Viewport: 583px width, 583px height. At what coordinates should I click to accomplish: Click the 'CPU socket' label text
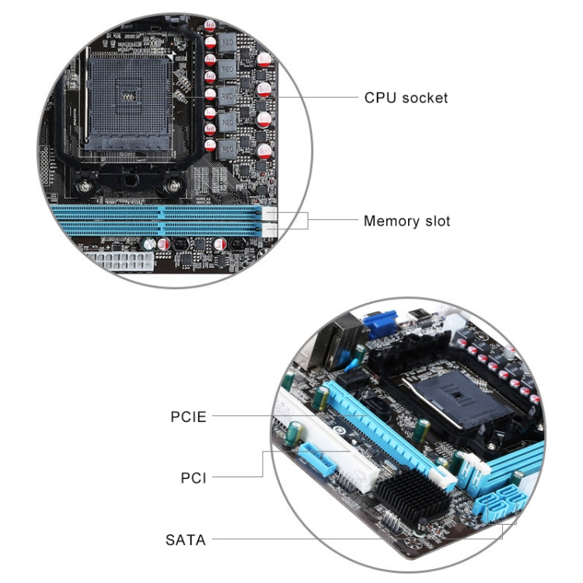406,98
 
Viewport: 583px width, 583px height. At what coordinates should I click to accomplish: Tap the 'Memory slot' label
407,222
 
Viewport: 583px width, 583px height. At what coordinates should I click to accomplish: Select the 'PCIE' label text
188,417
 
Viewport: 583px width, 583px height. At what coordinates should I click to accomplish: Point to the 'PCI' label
194,477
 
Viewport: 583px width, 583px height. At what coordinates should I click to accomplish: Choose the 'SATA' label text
186,539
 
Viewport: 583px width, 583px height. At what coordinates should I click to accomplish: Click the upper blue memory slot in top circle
155,211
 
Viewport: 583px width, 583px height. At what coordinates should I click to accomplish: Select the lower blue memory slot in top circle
155,229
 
